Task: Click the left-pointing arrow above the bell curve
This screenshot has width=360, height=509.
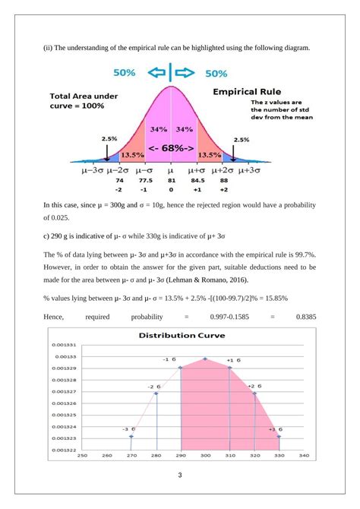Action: tap(157, 74)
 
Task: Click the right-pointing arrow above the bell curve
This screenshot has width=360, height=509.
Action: tap(185, 74)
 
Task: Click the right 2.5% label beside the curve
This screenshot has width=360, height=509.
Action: tap(242, 140)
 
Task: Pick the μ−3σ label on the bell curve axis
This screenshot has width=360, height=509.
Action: tap(93, 172)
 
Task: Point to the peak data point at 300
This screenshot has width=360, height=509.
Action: tap(204, 359)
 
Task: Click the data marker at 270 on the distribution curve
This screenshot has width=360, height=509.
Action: tap(131, 436)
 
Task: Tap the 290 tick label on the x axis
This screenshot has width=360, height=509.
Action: tap(180, 456)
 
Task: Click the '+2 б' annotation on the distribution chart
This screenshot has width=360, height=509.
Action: tap(254, 386)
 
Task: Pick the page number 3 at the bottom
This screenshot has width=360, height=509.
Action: tap(179, 476)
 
